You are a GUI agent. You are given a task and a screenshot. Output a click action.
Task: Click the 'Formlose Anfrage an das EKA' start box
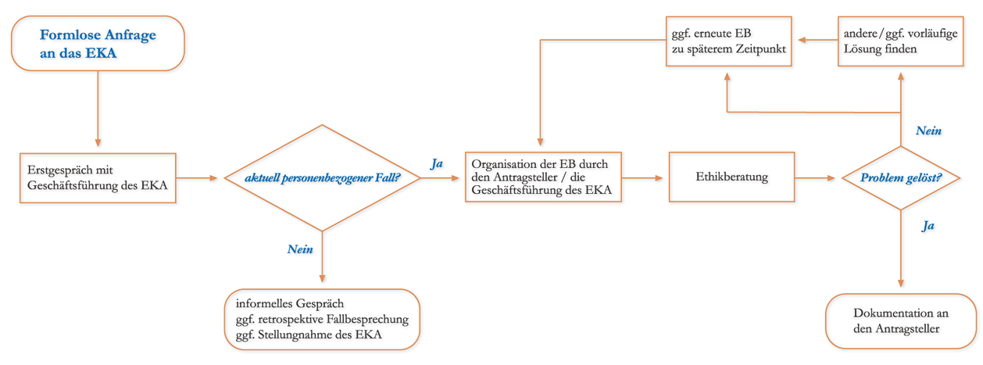98,44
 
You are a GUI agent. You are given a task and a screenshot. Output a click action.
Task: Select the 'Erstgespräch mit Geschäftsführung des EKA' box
98,177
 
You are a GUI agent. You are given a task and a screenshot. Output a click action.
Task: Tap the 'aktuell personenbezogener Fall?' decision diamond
322,178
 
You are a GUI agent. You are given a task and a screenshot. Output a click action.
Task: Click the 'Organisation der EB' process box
542,178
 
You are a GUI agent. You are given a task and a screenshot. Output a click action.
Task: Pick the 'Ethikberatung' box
731,177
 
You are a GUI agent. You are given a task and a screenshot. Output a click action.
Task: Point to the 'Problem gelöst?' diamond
900,178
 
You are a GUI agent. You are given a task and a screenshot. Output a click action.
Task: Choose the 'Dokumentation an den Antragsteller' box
900,320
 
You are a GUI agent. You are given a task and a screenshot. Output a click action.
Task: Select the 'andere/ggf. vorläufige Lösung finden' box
900,41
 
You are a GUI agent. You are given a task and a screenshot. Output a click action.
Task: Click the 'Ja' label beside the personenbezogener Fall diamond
437,164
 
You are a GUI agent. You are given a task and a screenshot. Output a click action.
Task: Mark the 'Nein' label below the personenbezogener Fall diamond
300,249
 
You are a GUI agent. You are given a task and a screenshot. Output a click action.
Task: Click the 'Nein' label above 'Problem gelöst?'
928,131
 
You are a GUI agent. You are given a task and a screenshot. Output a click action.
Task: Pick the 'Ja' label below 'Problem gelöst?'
928,225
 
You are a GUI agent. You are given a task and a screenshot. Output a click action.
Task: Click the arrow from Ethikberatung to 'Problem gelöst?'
817,178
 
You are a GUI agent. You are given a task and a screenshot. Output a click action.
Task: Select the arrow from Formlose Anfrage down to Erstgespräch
98,109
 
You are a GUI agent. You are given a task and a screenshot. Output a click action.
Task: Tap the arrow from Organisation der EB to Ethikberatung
645,178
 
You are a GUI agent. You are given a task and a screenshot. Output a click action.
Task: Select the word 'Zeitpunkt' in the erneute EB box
760,48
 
